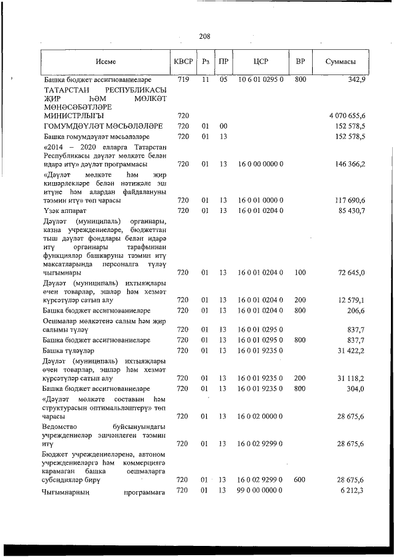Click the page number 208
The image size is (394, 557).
coord(205,36)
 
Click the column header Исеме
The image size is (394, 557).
coord(105,62)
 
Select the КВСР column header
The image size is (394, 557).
coord(183,62)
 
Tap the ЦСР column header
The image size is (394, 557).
coord(260,62)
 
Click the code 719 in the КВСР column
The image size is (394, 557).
coord(183,80)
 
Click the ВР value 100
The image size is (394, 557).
coord(300,272)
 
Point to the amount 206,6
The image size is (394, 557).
coord(356,311)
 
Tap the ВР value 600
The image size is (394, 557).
coord(300,479)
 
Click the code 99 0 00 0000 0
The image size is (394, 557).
coord(260,490)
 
